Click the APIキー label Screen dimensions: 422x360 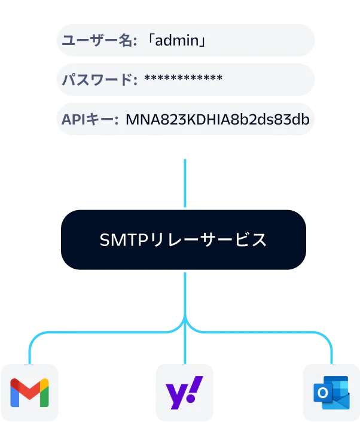point(90,119)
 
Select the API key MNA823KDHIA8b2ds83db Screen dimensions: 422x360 point(217,119)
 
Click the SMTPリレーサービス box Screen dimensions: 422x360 point(183,240)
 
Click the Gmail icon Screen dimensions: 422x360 point(29,392)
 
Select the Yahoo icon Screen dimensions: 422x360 point(183,392)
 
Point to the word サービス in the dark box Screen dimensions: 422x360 point(239,241)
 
